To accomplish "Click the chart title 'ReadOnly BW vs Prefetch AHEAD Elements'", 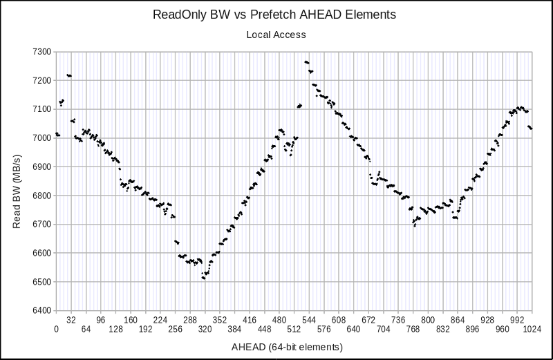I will [276, 14].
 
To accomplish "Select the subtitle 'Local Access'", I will [276, 33].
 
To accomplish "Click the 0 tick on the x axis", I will [56, 330].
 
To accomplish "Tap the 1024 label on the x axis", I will [532, 330].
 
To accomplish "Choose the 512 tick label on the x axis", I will [294, 330].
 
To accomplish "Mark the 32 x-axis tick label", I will [71, 320].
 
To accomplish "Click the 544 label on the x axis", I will [309, 320].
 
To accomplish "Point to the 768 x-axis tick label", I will [413, 330].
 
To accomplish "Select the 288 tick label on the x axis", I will [190, 320].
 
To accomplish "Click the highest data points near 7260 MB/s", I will [306, 62].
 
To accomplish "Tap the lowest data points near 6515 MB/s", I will [203, 278].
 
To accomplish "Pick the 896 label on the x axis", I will [472, 330].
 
